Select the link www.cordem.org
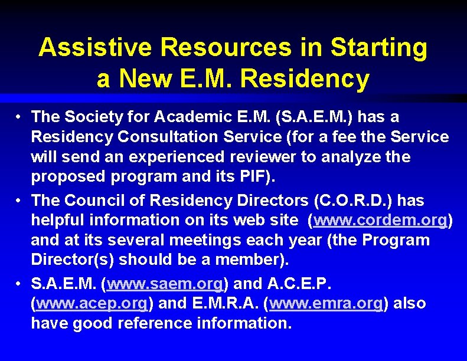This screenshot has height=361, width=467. pyautogui.click(x=380, y=220)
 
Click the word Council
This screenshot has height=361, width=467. pyautogui.click(x=97, y=201)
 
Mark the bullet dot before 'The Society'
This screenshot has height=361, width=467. pyautogui.click(x=19, y=117)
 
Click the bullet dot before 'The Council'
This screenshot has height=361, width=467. pyautogui.click(x=19, y=201)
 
